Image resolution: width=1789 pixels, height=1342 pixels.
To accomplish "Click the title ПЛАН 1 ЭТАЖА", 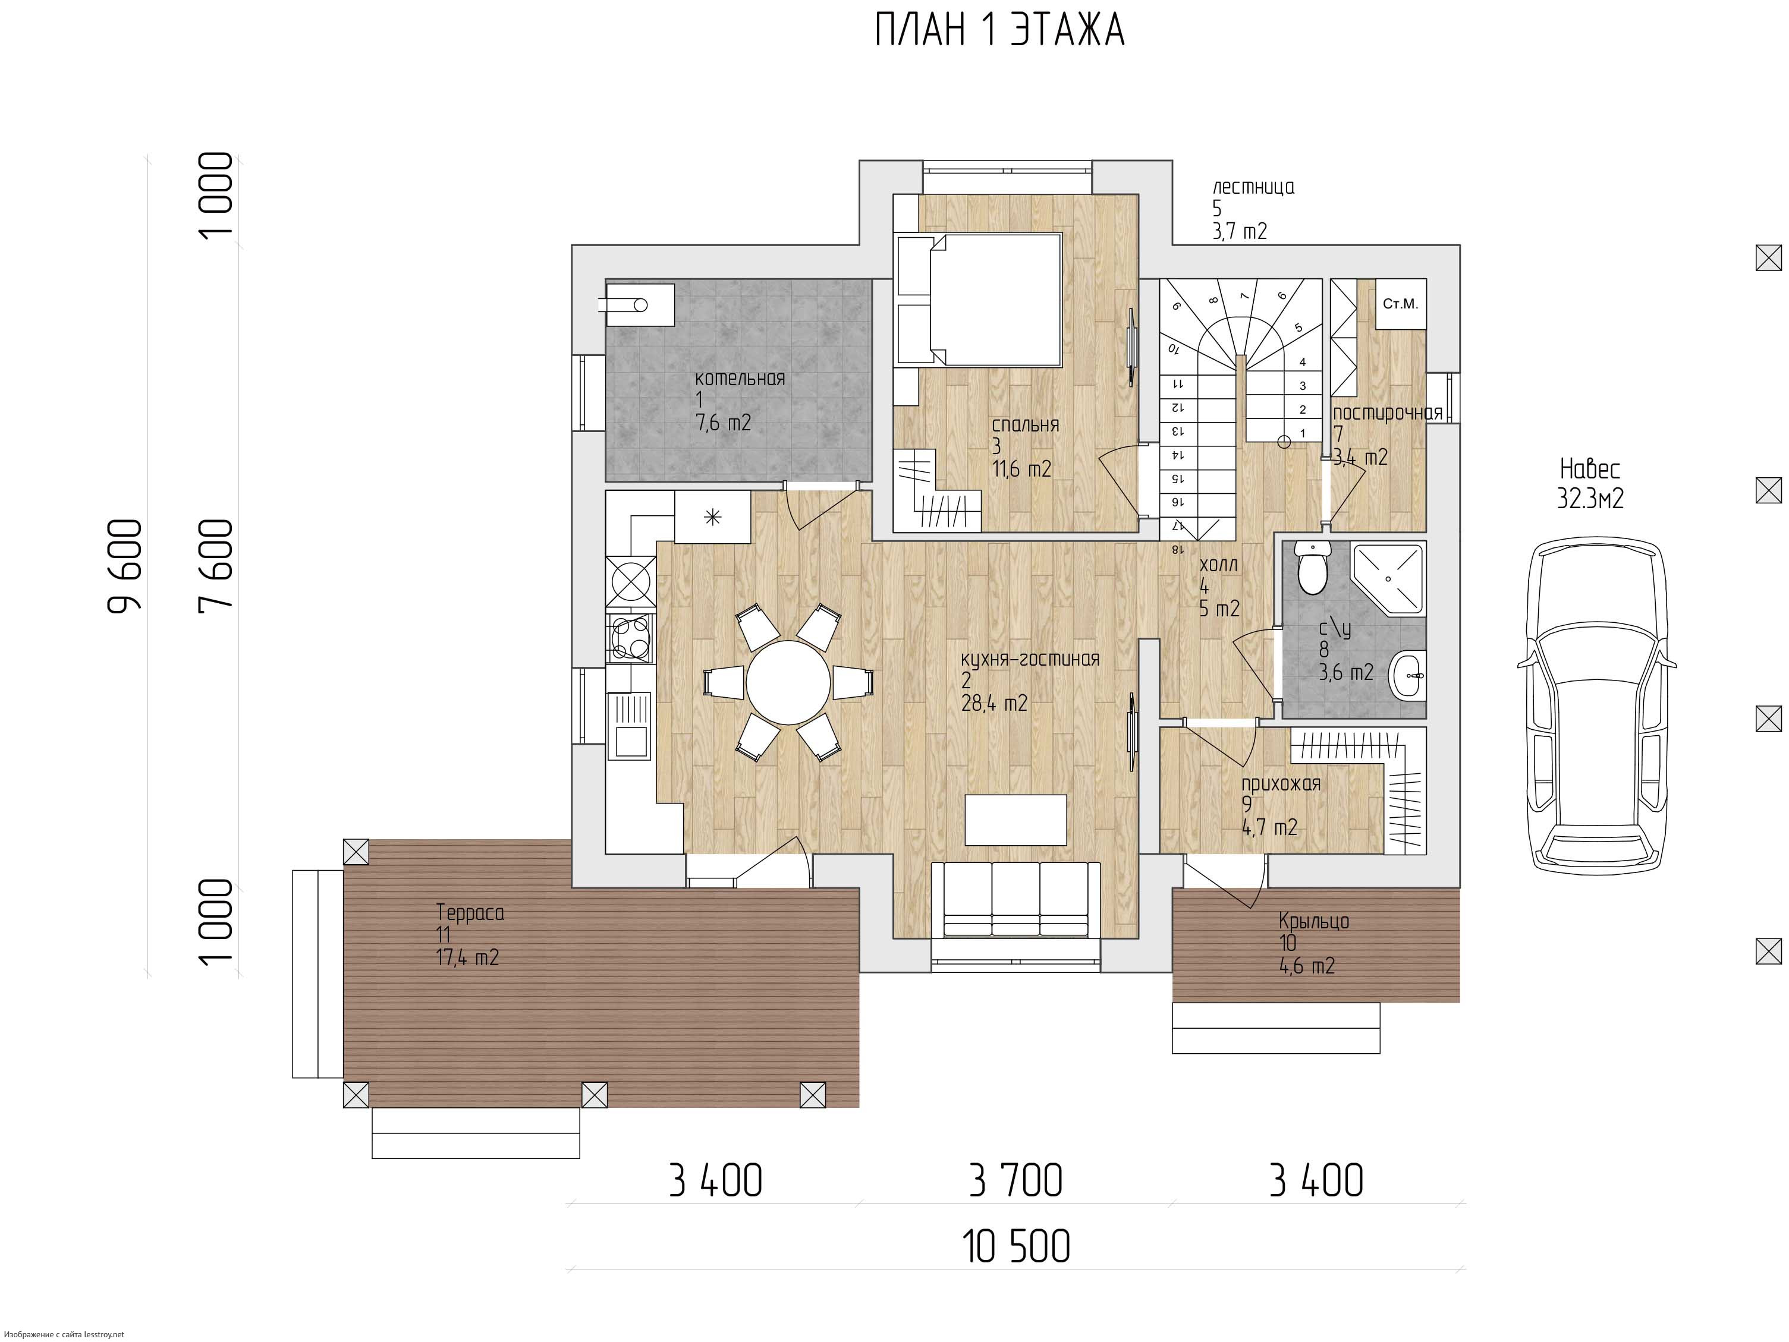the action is (999, 31).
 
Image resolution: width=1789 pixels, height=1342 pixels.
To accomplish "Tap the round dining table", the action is (788, 682).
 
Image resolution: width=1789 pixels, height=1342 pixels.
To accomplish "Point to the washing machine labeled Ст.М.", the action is (1401, 304).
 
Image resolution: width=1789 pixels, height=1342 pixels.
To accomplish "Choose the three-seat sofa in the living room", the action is (1015, 899).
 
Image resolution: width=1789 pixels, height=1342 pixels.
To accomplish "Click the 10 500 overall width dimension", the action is (1016, 1246).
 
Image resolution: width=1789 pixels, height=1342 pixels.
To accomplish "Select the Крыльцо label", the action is (1313, 921).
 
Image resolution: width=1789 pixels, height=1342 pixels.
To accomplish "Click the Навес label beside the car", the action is (1590, 469).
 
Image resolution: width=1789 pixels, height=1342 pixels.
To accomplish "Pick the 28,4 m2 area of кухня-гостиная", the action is (994, 703).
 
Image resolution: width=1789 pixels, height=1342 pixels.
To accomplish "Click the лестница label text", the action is (1253, 188).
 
